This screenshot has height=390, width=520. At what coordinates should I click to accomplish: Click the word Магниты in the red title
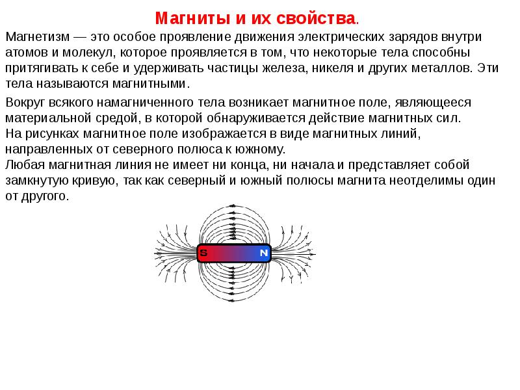pyautogui.click(x=193, y=18)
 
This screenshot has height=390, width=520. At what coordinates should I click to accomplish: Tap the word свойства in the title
pyautogui.click(x=316, y=18)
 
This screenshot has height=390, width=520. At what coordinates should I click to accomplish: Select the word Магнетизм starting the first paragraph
pyautogui.click(x=38, y=37)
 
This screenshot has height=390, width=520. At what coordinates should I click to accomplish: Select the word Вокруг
pyautogui.click(x=25, y=103)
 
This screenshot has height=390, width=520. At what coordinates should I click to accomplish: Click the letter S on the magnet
pyautogui.click(x=203, y=253)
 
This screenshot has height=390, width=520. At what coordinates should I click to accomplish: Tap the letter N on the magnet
pyautogui.click(x=264, y=253)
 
